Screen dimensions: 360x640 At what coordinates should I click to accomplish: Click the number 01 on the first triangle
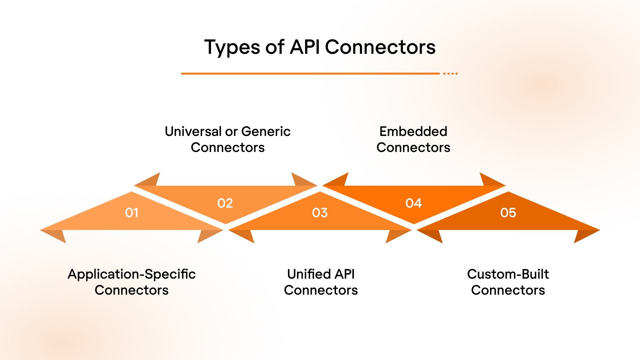pos(132,213)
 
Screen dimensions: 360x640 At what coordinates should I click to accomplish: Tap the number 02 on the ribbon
pos(225,203)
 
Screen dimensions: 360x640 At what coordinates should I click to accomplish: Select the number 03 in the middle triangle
pos(320,213)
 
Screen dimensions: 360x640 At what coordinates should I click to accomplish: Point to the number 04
pos(414,203)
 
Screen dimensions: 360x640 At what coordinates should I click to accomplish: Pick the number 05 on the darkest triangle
pos(508,213)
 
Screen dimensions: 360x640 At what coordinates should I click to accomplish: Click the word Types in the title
pos(232,47)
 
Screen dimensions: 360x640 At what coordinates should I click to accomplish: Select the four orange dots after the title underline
pos(451,73)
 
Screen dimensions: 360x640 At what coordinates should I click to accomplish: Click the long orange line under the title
pos(310,73)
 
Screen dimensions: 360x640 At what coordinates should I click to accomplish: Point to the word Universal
pos(193,131)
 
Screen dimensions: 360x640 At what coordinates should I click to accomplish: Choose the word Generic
pos(266,131)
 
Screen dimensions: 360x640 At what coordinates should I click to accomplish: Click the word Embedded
pos(413,131)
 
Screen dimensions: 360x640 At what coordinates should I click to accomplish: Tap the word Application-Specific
pos(132,274)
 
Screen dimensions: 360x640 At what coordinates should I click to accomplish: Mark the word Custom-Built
pos(508,274)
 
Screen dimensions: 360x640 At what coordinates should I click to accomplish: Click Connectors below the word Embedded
pos(413,147)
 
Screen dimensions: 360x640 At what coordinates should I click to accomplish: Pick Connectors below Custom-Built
pos(508,290)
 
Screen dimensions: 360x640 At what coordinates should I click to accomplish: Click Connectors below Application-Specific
pos(132,290)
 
